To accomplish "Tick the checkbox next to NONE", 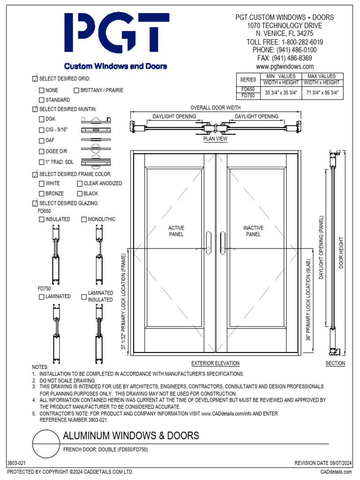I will point(42,90).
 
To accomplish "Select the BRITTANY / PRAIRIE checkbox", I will point(76,90).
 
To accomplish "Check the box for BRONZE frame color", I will point(42,194).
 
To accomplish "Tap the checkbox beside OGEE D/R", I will point(42,151).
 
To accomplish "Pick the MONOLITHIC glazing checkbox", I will point(84,219).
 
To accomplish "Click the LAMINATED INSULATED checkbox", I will point(84,296).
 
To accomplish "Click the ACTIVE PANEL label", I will point(176,231).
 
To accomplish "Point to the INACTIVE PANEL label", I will point(253,231).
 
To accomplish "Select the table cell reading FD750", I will point(248,96).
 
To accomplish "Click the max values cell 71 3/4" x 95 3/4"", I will point(323,92).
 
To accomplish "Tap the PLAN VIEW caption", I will point(215,139).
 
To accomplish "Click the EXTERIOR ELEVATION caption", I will point(215,363).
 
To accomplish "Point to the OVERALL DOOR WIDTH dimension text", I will point(215,108).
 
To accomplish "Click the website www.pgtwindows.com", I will point(285,67).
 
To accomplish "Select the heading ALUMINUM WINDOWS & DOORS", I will point(131,436).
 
